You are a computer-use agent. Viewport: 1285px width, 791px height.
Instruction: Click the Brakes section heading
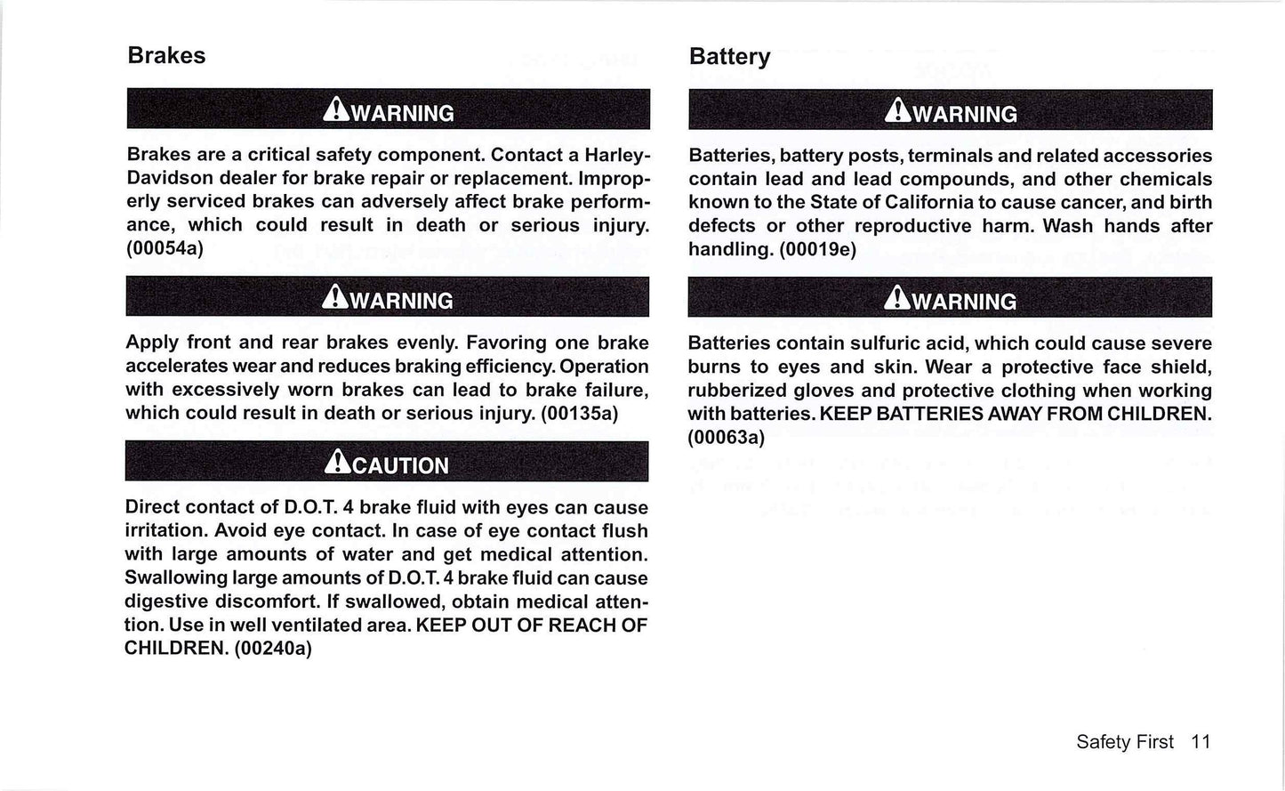tap(166, 55)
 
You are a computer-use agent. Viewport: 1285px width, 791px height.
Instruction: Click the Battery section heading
tap(729, 56)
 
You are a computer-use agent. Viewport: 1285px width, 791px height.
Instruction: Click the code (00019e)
tap(817, 249)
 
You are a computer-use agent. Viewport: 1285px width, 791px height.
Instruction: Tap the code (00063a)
tap(726, 437)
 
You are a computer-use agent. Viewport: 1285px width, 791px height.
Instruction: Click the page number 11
tap(1201, 741)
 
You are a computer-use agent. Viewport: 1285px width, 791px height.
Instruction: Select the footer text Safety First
tap(1124, 741)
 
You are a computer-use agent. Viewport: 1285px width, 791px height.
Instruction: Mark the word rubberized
tap(736, 391)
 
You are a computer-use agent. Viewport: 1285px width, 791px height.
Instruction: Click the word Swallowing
tap(174, 577)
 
